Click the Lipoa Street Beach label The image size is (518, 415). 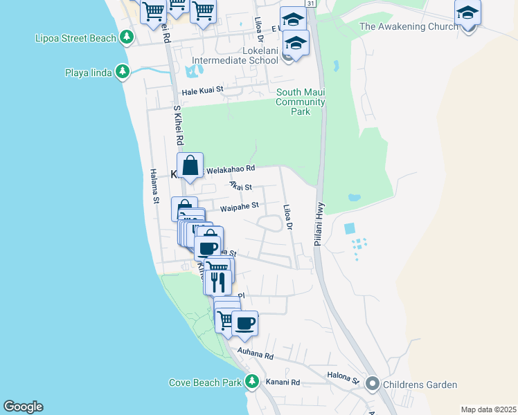75,38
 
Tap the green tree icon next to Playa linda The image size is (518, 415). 123,71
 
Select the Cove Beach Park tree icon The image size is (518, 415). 252,382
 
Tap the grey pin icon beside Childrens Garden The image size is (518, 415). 372,383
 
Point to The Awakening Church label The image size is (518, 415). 408,26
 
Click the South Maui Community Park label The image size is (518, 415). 301,102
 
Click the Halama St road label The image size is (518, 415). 155,187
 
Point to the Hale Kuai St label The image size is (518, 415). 203,90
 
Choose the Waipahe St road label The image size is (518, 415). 239,206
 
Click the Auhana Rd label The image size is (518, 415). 256,354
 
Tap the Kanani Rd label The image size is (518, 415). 285,382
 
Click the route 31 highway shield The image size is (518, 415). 312,4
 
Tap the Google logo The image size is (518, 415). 23,407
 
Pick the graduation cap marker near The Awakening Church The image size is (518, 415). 467,12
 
